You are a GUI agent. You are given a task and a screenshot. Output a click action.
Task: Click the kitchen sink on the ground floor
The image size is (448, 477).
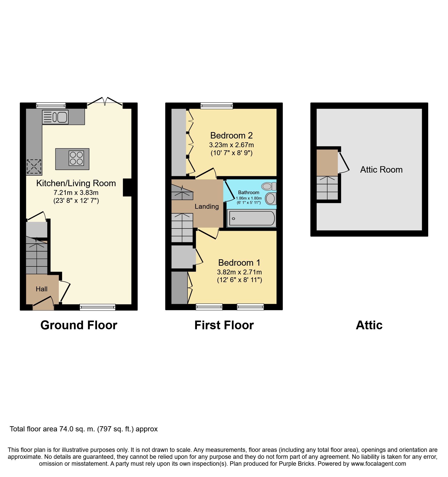coord(55,117)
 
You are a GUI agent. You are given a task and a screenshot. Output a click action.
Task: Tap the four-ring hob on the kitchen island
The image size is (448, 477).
coord(76,158)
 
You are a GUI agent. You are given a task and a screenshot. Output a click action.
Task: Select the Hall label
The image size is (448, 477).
coord(42,289)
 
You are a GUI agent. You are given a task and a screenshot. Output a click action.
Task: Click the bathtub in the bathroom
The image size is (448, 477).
coord(252,218)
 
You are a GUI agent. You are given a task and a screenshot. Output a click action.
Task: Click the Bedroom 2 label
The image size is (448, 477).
coord(231,135)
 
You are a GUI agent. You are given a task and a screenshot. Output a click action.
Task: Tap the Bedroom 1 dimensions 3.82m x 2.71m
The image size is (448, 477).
coord(239,272)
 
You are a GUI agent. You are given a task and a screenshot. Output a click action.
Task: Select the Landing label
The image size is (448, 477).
coord(207,206)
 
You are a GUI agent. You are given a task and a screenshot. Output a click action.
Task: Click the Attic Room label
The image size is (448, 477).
coord(381,170)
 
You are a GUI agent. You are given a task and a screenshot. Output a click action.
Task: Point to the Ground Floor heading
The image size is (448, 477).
coord(79,325)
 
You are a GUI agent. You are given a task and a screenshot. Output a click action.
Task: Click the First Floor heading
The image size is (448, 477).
coord(224,325)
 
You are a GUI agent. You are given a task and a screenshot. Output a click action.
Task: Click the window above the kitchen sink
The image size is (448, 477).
coord(51,105)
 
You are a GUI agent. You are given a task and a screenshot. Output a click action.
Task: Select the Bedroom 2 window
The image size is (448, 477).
coord(216,105)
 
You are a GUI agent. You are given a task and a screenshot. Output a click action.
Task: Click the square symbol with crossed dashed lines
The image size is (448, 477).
coord(34,166)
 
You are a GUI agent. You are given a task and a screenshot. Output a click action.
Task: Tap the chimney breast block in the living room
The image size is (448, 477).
coord(127,187)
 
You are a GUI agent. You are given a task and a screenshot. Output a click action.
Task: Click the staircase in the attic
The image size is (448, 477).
coord(327,188)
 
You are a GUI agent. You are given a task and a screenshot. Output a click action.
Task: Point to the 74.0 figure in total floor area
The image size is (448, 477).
coord(66,429)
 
